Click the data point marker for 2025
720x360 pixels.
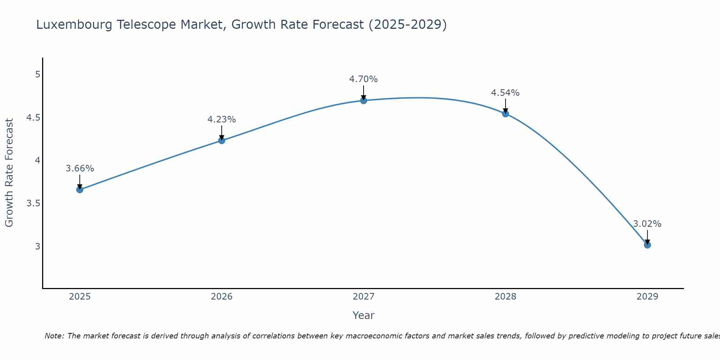click(x=80, y=190)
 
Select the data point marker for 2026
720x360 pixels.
click(x=222, y=140)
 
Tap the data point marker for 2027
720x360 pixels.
click(x=364, y=100)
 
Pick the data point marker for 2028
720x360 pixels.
click(x=505, y=114)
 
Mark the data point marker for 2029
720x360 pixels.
click(x=647, y=245)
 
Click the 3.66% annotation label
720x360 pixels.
click(x=80, y=168)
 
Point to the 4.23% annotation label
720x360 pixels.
click(x=222, y=120)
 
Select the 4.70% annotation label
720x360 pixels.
click(x=364, y=79)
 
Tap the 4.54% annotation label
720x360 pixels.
click(x=505, y=93)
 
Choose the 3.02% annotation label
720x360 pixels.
click(x=647, y=224)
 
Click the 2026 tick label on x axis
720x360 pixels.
click(x=222, y=297)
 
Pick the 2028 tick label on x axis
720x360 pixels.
click(x=505, y=297)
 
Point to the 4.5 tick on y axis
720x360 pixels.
click(x=33, y=118)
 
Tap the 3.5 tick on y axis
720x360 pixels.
click(x=33, y=203)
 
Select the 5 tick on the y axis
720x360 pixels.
click(x=37, y=75)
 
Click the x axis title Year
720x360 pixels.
click(x=364, y=315)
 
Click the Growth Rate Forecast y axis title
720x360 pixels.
click(x=9, y=173)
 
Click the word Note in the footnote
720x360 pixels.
click(x=54, y=336)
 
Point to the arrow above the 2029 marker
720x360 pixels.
click(x=647, y=236)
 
